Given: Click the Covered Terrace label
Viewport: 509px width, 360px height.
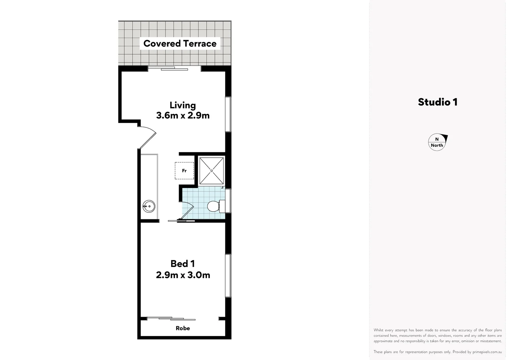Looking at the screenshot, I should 180,44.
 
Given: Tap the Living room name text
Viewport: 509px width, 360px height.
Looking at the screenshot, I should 183,105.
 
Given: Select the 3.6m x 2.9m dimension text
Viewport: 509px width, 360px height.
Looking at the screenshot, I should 183,116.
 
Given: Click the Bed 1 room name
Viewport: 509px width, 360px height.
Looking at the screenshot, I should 183,264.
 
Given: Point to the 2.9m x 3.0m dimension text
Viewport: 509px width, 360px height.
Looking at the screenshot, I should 183,275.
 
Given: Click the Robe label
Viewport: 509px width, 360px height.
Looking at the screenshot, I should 183,328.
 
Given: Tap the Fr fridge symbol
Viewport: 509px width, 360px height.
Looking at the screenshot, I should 184,171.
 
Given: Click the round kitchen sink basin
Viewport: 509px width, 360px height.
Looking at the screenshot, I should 149,206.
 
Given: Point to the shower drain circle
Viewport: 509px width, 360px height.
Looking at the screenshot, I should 212,171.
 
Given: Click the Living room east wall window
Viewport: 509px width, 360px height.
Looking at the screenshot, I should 228,114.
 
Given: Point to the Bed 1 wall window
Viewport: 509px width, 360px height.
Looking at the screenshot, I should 228,275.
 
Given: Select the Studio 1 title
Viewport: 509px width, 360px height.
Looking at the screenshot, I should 437,102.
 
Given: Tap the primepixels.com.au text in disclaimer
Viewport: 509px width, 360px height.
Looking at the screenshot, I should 487,352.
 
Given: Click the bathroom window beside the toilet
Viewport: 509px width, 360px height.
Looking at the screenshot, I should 229,201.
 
